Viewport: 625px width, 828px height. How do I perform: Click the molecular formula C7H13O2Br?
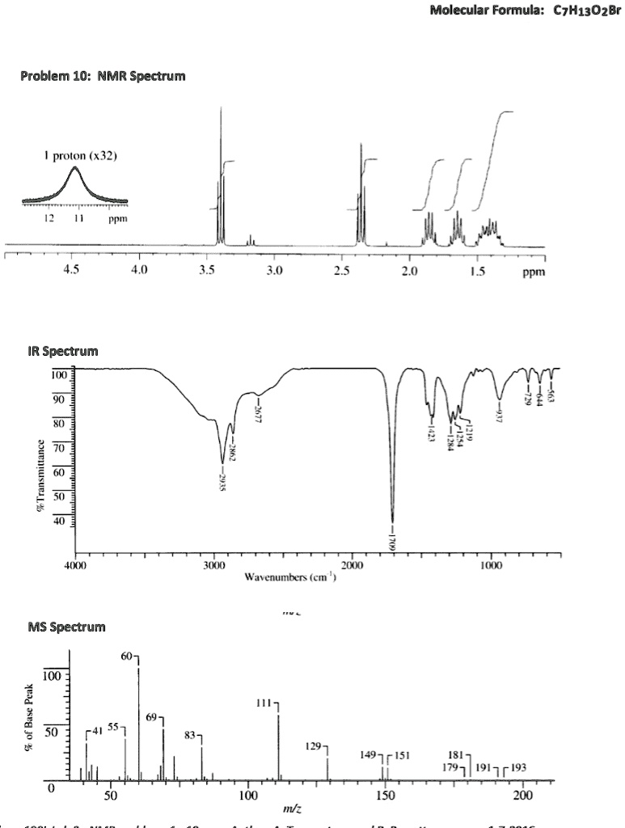581,19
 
